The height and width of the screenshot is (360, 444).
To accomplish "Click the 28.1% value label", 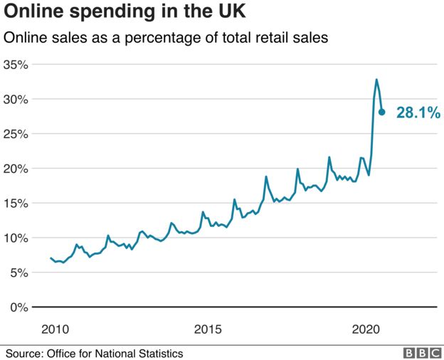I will point(418,112).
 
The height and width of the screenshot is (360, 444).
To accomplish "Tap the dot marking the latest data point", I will point(382,112).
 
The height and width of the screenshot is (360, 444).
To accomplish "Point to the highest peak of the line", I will point(376,80).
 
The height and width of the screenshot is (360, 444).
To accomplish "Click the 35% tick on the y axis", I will point(16,65).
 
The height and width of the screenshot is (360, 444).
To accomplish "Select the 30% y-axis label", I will point(16,100).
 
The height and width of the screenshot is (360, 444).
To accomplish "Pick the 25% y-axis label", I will point(16,134).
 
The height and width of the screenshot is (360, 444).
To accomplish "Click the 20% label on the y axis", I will point(16,169).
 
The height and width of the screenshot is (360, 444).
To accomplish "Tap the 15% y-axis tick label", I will point(16,203).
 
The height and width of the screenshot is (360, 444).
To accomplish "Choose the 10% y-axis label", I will point(16,238).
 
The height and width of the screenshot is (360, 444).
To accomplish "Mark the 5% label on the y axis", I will point(19,272).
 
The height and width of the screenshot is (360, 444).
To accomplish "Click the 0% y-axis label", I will point(19,307).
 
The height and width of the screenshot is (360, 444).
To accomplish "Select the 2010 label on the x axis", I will point(55,329).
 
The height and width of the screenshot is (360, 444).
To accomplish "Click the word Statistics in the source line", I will point(159,353).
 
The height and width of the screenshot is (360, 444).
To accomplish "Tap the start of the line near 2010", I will point(51,258).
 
